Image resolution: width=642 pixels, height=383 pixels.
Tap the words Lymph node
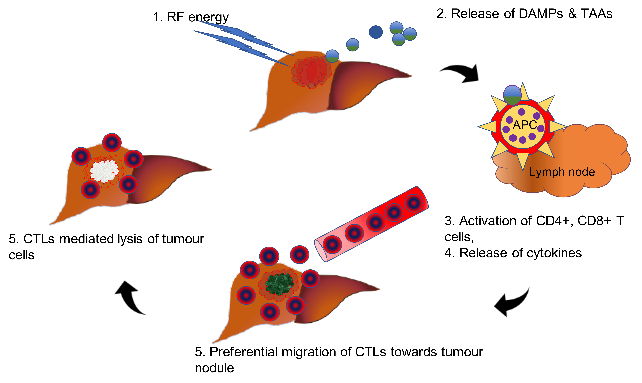pyautogui.click(x=562, y=172)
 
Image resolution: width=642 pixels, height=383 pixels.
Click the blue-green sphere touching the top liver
pyautogui.click(x=332, y=56)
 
